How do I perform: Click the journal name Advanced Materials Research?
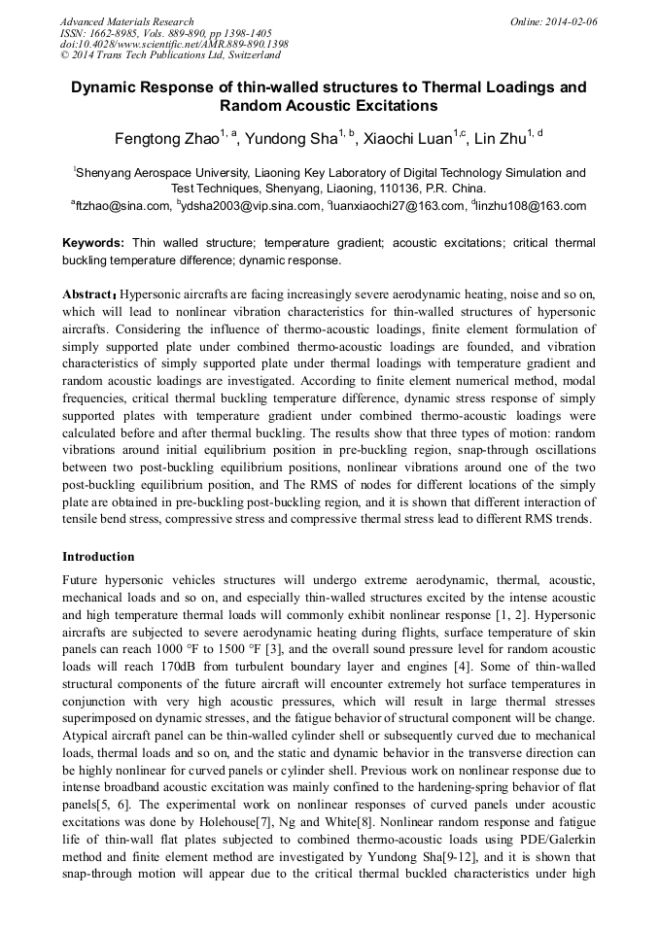click(x=126, y=21)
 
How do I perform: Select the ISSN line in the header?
click(x=165, y=33)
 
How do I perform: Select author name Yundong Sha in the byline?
click(x=293, y=139)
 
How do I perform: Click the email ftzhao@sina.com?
click(x=123, y=206)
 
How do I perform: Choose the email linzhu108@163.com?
click(x=531, y=206)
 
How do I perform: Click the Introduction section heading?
click(x=98, y=557)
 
